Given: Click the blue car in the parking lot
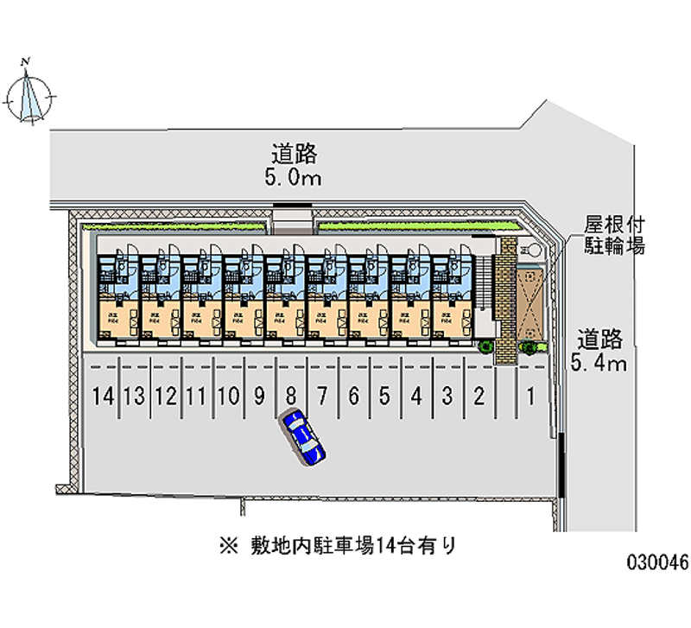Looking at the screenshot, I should [302, 437].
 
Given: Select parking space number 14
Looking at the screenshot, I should [103, 396].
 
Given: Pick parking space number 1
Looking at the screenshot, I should [531, 396].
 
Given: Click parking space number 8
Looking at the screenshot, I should [291, 396].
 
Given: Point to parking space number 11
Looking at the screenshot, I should [197, 396].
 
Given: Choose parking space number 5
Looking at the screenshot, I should [385, 396].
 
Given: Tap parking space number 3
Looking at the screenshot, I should [447, 396].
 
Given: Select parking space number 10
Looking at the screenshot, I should [228, 396].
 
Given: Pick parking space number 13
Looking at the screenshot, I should [134, 396].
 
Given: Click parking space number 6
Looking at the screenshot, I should [353, 396].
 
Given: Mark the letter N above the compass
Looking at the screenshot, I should [28, 61].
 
